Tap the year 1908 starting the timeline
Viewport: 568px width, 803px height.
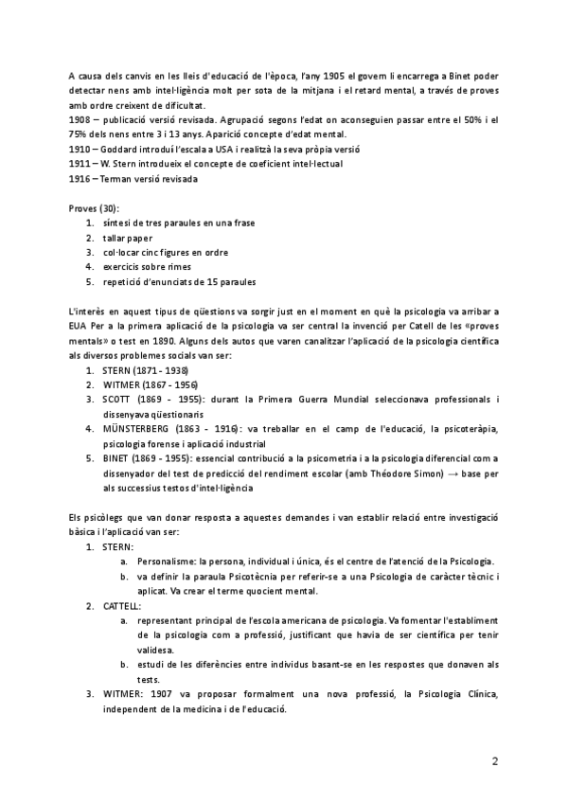(x=80, y=121)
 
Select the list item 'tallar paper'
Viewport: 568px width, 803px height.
(x=129, y=238)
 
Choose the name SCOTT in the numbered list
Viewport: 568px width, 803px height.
(x=119, y=399)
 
